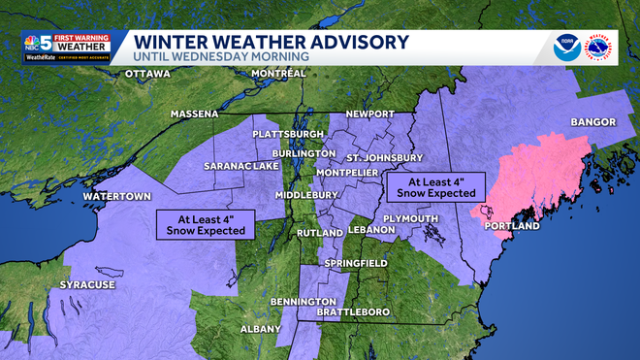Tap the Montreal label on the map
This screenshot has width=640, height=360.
point(278,74)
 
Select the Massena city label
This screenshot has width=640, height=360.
point(195,114)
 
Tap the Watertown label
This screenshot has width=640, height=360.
point(117,196)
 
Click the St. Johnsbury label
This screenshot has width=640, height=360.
point(385,158)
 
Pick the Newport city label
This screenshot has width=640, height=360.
point(369,114)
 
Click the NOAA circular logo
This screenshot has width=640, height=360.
point(566,47)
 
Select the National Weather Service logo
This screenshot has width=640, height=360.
point(603,47)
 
